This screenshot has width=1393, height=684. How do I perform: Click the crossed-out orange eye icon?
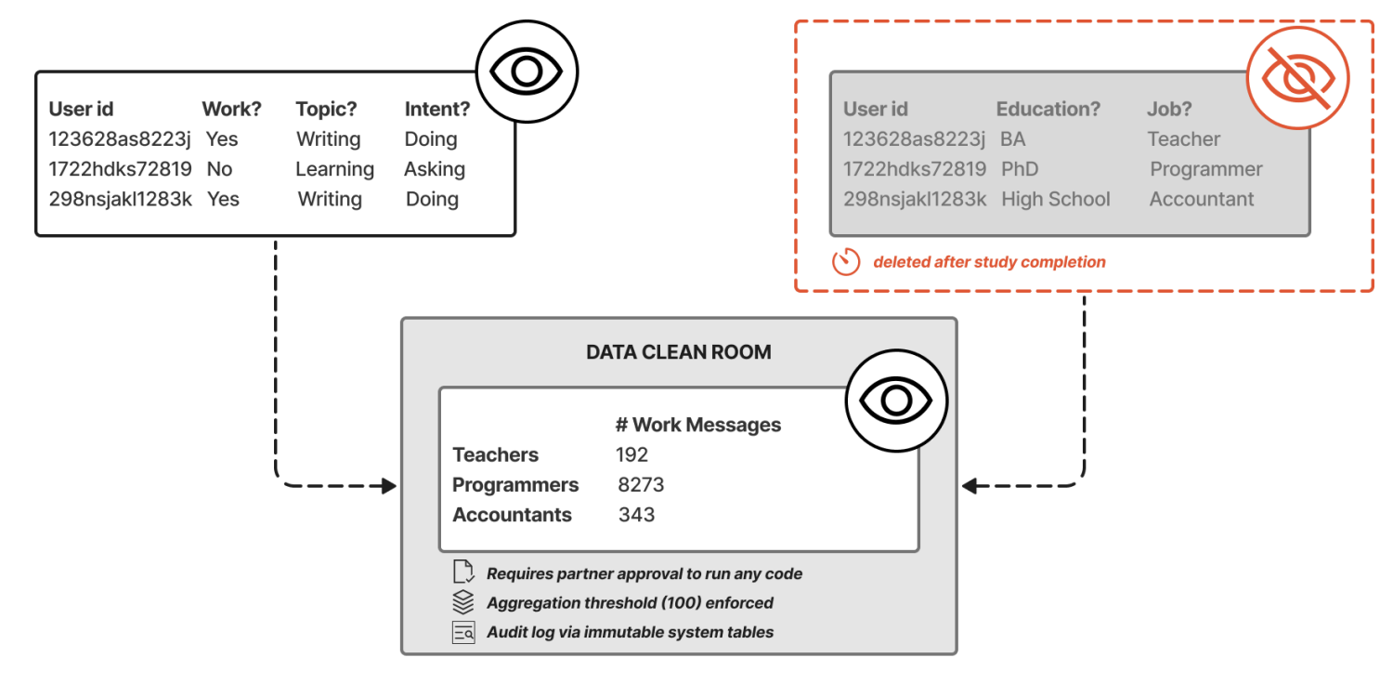coord(1298,78)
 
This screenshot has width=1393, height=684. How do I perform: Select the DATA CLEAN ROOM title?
coord(679,352)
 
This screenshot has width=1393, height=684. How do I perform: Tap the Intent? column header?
coord(437,109)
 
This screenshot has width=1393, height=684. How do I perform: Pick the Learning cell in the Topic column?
coord(334,169)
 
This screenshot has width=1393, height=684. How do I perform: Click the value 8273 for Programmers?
coord(641,485)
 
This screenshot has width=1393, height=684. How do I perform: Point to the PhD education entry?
coord(1020,169)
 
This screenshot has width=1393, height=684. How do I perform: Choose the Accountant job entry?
coord(1202,199)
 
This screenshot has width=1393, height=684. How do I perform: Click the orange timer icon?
coord(846,261)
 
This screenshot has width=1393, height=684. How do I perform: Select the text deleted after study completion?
coord(989,262)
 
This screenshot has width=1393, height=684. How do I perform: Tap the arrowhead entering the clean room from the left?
coord(389,485)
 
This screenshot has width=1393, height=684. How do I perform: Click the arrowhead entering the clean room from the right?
coord(970,485)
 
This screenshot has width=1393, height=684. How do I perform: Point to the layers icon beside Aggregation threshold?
coord(463,602)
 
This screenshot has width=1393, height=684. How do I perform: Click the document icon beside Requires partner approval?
coord(463,572)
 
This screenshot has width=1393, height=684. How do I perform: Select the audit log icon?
coord(463,632)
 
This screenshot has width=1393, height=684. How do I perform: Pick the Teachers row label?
coord(495,455)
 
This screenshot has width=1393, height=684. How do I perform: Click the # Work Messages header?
coord(697,425)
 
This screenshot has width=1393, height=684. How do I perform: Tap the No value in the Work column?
coord(219,169)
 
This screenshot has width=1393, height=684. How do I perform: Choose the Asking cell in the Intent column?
coord(435,169)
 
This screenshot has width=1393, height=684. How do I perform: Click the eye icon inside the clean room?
coord(896,401)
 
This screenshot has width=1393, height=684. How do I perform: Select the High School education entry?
coord(1055,199)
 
